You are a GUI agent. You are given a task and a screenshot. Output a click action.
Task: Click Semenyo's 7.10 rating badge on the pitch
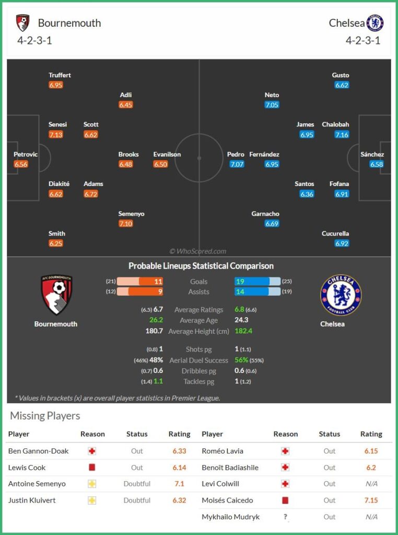(x=126, y=224)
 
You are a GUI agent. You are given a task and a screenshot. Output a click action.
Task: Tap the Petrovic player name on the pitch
(x=26, y=154)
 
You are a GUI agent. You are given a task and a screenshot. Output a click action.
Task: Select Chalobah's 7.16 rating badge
(x=342, y=135)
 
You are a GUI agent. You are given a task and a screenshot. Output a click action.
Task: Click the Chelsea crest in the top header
(x=375, y=23)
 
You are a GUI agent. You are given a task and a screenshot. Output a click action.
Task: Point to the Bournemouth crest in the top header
(x=22, y=23)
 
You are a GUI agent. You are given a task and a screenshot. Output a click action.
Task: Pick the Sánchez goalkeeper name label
(x=372, y=154)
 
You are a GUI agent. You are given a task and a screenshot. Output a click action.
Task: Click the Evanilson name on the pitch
(x=167, y=154)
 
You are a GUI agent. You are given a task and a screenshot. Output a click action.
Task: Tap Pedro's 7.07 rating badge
(x=237, y=164)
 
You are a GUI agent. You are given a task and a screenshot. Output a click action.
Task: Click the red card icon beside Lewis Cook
(x=92, y=468)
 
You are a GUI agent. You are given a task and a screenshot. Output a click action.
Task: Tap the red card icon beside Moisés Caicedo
(x=285, y=500)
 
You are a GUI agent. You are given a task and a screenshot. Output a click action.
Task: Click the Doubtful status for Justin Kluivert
(x=137, y=500)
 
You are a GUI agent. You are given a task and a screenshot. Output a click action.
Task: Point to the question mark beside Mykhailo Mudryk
(x=285, y=517)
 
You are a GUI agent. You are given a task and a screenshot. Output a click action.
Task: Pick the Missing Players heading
(x=45, y=416)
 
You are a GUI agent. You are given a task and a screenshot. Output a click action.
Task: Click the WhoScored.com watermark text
(x=198, y=251)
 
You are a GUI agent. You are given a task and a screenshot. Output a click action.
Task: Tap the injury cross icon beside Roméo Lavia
(x=285, y=451)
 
